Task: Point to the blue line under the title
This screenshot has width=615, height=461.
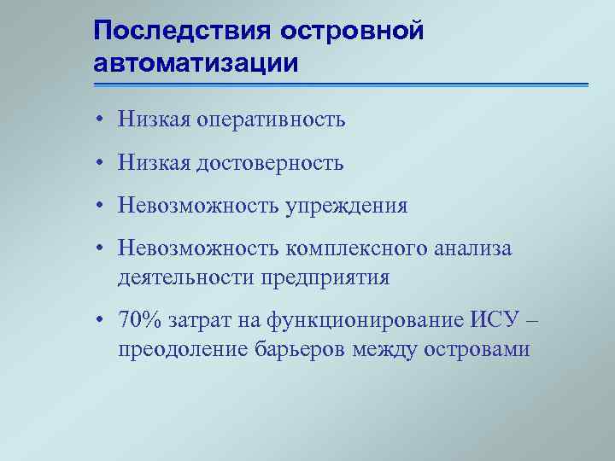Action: pyautogui.click(x=341, y=85)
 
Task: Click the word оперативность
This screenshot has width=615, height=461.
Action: pyautogui.click(x=271, y=120)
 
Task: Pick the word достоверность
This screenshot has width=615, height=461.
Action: pyautogui.click(x=270, y=163)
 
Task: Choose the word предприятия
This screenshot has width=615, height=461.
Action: pyautogui.click(x=331, y=277)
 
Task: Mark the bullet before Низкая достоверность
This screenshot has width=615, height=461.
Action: pyautogui.click(x=101, y=163)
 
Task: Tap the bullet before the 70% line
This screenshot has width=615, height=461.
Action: pyautogui.click(x=101, y=321)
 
